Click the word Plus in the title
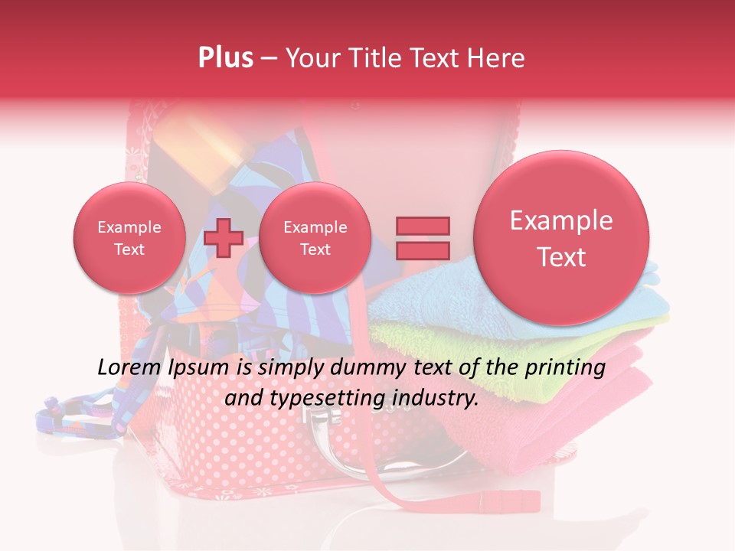[225, 58]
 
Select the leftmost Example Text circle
[129, 238]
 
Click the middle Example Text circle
[315, 238]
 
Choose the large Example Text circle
[561, 238]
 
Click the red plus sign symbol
[224, 237]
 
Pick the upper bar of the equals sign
[423, 226]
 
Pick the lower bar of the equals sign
[423, 250]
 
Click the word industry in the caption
[439, 398]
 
